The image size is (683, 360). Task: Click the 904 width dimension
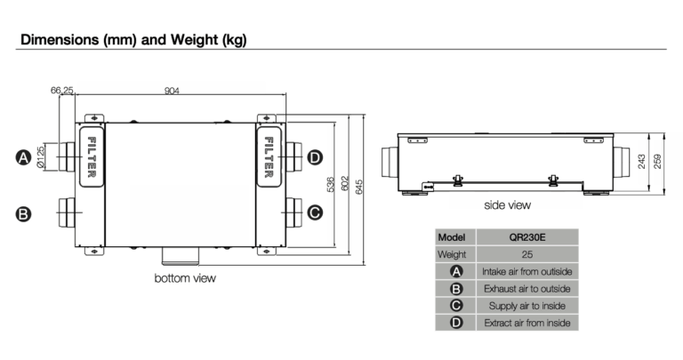click(x=172, y=91)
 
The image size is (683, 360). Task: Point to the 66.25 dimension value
click(x=62, y=90)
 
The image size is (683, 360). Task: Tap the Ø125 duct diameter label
click(x=41, y=156)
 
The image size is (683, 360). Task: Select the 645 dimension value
click(x=359, y=187)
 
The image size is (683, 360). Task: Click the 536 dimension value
click(x=331, y=185)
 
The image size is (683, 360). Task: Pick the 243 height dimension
click(x=641, y=162)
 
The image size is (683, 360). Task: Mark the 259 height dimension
click(x=657, y=162)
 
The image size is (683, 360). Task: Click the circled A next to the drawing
click(x=23, y=157)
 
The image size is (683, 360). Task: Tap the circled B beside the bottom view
click(x=23, y=214)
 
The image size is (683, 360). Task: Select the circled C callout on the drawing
click(x=315, y=212)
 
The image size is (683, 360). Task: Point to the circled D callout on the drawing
click(x=315, y=157)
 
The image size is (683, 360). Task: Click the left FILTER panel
click(x=92, y=156)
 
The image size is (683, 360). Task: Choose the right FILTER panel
click(x=269, y=156)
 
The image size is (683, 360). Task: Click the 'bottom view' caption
click(x=185, y=278)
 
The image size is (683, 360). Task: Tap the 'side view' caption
click(x=508, y=205)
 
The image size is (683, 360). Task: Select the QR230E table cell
click(x=527, y=237)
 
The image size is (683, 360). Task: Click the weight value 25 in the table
click(x=527, y=254)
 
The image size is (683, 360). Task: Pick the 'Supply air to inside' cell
click(x=527, y=306)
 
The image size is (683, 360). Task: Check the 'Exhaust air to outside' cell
click(x=527, y=289)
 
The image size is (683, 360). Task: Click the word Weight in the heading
click(x=194, y=40)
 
